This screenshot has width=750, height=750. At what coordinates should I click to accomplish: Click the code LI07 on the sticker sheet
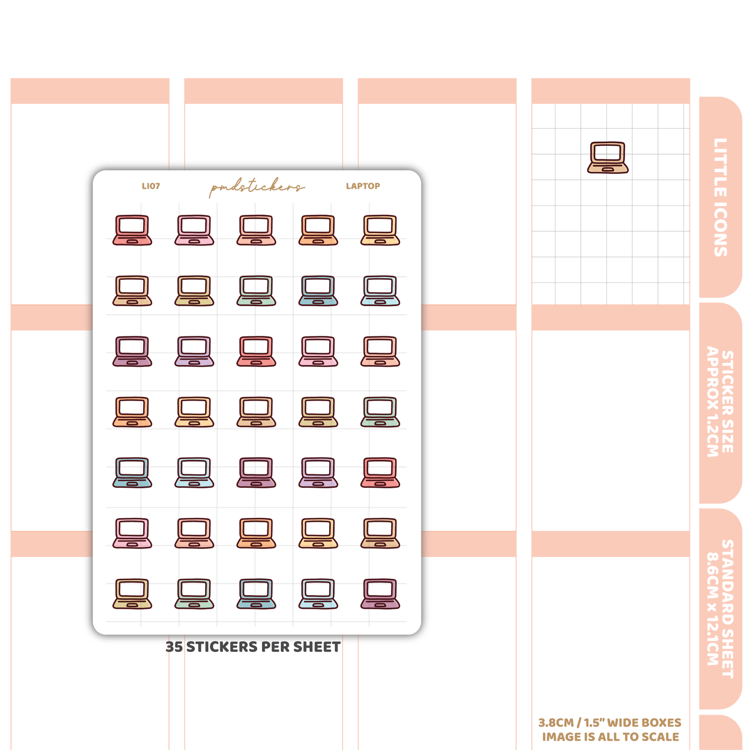point(151,186)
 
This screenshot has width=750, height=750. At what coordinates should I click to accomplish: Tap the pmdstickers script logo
point(256,187)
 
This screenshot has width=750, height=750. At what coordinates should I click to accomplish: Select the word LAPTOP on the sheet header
point(362,186)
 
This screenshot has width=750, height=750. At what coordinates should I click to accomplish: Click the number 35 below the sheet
point(174,647)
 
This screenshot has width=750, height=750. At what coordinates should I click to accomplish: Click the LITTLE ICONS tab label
point(720,197)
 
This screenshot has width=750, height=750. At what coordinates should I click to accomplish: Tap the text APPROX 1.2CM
point(712,401)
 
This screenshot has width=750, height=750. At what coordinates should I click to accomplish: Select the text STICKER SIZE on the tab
point(728,402)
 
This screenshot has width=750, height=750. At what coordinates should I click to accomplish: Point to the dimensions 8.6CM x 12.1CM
point(712,609)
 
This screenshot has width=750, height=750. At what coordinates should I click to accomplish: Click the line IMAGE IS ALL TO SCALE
point(610,737)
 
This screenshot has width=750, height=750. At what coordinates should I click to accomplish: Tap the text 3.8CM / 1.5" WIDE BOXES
point(610,723)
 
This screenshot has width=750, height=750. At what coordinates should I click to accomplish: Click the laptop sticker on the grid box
point(608,157)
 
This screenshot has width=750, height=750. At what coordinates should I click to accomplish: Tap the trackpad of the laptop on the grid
point(608,169)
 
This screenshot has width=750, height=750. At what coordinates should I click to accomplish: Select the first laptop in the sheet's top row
point(132,230)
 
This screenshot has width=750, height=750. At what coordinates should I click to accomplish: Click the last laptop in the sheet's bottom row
point(380,594)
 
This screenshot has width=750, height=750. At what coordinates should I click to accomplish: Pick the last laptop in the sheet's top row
point(380,230)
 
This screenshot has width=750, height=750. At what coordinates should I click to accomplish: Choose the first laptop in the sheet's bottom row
point(132,594)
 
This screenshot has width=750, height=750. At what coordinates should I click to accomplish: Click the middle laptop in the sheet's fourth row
point(256,412)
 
